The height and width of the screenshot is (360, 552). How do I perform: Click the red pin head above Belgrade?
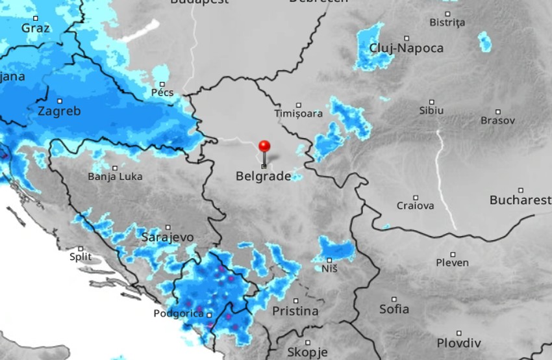pyautogui.click(x=264, y=146)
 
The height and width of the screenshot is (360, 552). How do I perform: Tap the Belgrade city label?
pyautogui.click(x=263, y=176)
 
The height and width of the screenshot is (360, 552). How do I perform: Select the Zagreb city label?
pyautogui.click(x=59, y=111)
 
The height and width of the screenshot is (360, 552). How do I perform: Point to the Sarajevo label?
pyautogui.click(x=167, y=237)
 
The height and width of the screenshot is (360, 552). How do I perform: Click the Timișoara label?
pyautogui.click(x=299, y=114)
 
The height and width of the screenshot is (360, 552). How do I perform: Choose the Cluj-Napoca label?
pyautogui.click(x=407, y=48)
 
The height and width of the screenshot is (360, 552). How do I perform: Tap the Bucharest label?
pyautogui.click(x=520, y=200)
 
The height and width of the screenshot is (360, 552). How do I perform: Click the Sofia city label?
pyautogui.click(x=394, y=309)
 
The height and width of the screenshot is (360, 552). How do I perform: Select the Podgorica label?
pyautogui.click(x=179, y=314)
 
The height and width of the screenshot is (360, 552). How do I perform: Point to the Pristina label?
pyautogui.click(x=295, y=311)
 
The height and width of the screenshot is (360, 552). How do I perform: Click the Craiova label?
pyautogui.click(x=415, y=206)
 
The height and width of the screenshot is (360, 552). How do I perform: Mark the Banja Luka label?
pyautogui.click(x=115, y=176)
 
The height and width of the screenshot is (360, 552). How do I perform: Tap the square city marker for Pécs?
pyautogui.click(x=162, y=84)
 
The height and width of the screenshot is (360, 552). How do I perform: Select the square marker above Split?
pyautogui.click(x=81, y=248)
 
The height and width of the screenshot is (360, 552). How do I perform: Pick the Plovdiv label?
pyautogui.click(x=458, y=343)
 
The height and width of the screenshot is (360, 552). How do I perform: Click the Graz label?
pyautogui.click(x=35, y=28)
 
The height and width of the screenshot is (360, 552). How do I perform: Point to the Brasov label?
pyautogui.click(x=497, y=121)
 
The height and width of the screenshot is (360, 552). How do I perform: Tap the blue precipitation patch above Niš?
pyautogui.click(x=336, y=249)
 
